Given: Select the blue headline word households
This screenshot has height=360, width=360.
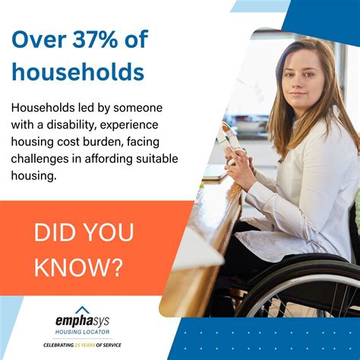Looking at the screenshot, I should point(77,71).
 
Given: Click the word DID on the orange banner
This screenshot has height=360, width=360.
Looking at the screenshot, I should point(51,232).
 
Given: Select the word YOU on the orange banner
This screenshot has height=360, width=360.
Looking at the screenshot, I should point(103,232).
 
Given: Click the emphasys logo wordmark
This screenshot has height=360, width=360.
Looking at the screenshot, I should point(84,322).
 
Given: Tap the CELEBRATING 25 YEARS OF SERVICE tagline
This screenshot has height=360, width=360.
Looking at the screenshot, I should point(84,345).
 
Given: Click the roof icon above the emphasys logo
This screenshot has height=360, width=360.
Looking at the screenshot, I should point(84,309).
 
